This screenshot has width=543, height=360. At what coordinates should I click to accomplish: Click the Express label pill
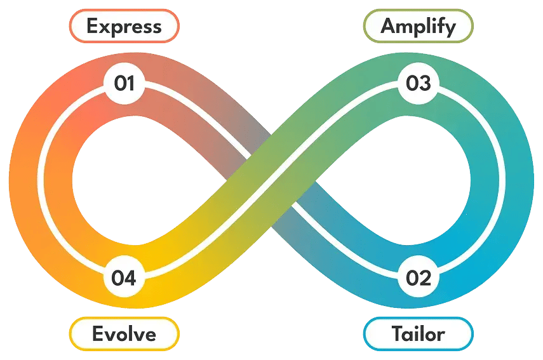coord(124,27)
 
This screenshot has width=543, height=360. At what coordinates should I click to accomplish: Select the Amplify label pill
coord(418,27)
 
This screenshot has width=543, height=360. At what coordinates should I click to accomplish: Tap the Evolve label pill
coord(124,333)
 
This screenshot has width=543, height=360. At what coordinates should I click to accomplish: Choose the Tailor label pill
coord(418,333)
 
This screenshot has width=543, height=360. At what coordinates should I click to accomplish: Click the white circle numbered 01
coord(124,83)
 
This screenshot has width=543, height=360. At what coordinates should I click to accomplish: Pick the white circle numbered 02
coord(418,277)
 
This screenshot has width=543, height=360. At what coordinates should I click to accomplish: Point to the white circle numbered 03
coord(418,83)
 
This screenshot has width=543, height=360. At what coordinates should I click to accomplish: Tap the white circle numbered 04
coord(124,277)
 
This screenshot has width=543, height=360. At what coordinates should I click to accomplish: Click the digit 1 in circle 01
coord(130,83)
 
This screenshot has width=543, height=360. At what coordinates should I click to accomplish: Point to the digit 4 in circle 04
coord(131,277)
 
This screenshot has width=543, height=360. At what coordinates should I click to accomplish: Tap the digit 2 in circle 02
coord(425,277)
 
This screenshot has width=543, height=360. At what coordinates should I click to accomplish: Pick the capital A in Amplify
coord(389,27)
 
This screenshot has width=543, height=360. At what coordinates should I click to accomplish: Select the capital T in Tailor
coord(398,333)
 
